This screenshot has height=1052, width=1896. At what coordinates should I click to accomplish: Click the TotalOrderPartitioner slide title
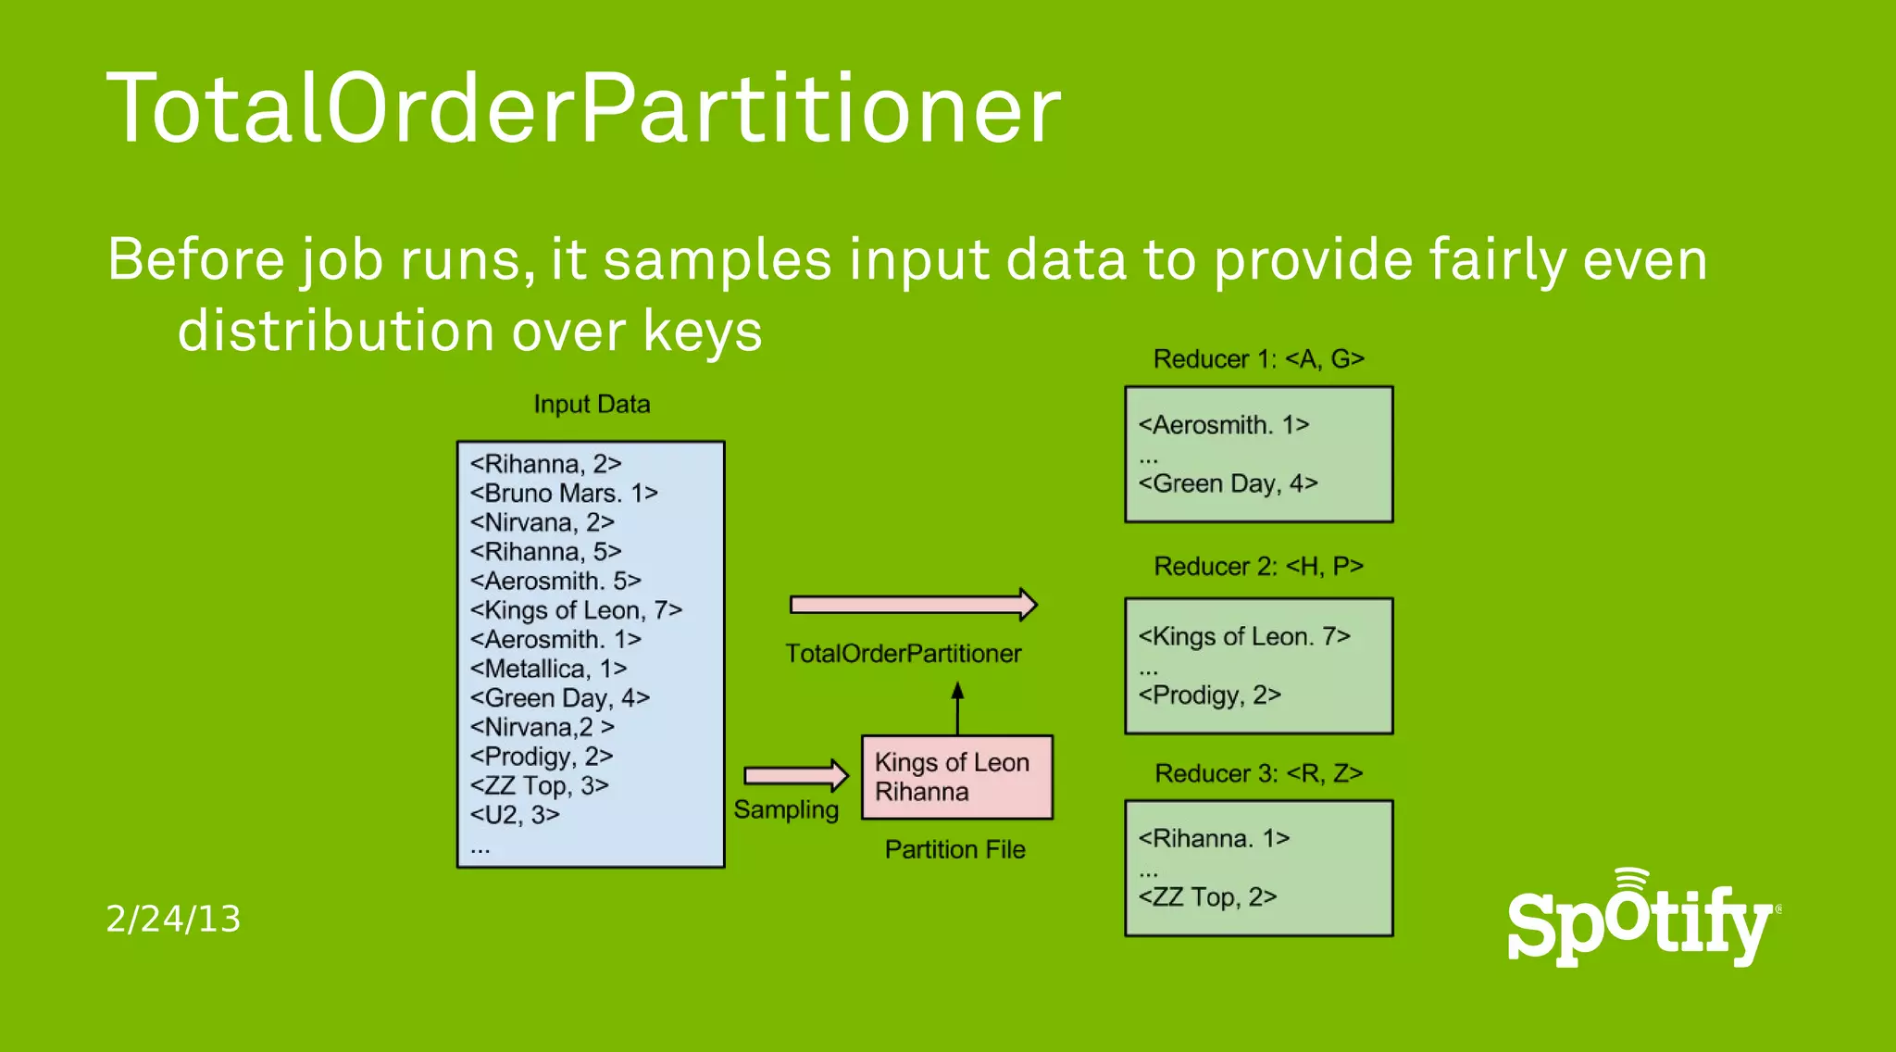click(583, 109)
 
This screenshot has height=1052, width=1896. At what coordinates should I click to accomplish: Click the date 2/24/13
click(173, 919)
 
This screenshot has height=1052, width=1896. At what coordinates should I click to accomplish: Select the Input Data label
click(592, 405)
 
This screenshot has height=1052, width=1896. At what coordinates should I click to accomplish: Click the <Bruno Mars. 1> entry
click(563, 493)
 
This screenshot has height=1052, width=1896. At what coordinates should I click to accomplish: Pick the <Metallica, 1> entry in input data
click(548, 669)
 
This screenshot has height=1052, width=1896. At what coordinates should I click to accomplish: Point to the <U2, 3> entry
click(515, 815)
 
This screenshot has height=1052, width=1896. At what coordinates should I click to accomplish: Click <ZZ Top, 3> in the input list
click(539, 785)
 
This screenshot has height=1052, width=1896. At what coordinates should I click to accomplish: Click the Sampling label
click(786, 809)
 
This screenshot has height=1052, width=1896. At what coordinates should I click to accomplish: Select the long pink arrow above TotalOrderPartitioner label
click(912, 605)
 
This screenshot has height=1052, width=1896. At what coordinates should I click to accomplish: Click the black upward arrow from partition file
click(957, 708)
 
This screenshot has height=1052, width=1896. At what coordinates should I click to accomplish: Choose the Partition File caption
click(954, 849)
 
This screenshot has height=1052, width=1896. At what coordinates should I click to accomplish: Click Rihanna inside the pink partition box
click(921, 792)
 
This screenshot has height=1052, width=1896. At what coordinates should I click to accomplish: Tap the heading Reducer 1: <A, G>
click(1258, 359)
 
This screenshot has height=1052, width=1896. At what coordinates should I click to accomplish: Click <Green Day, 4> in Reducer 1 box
click(1228, 483)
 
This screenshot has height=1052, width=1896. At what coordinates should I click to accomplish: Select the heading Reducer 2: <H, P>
click(1258, 566)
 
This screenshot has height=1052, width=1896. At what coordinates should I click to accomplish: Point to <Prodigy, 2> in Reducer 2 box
click(1209, 695)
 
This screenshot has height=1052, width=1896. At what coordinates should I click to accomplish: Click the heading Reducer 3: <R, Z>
click(1258, 773)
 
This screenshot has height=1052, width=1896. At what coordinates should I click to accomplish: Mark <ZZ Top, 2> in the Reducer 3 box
click(1207, 896)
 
